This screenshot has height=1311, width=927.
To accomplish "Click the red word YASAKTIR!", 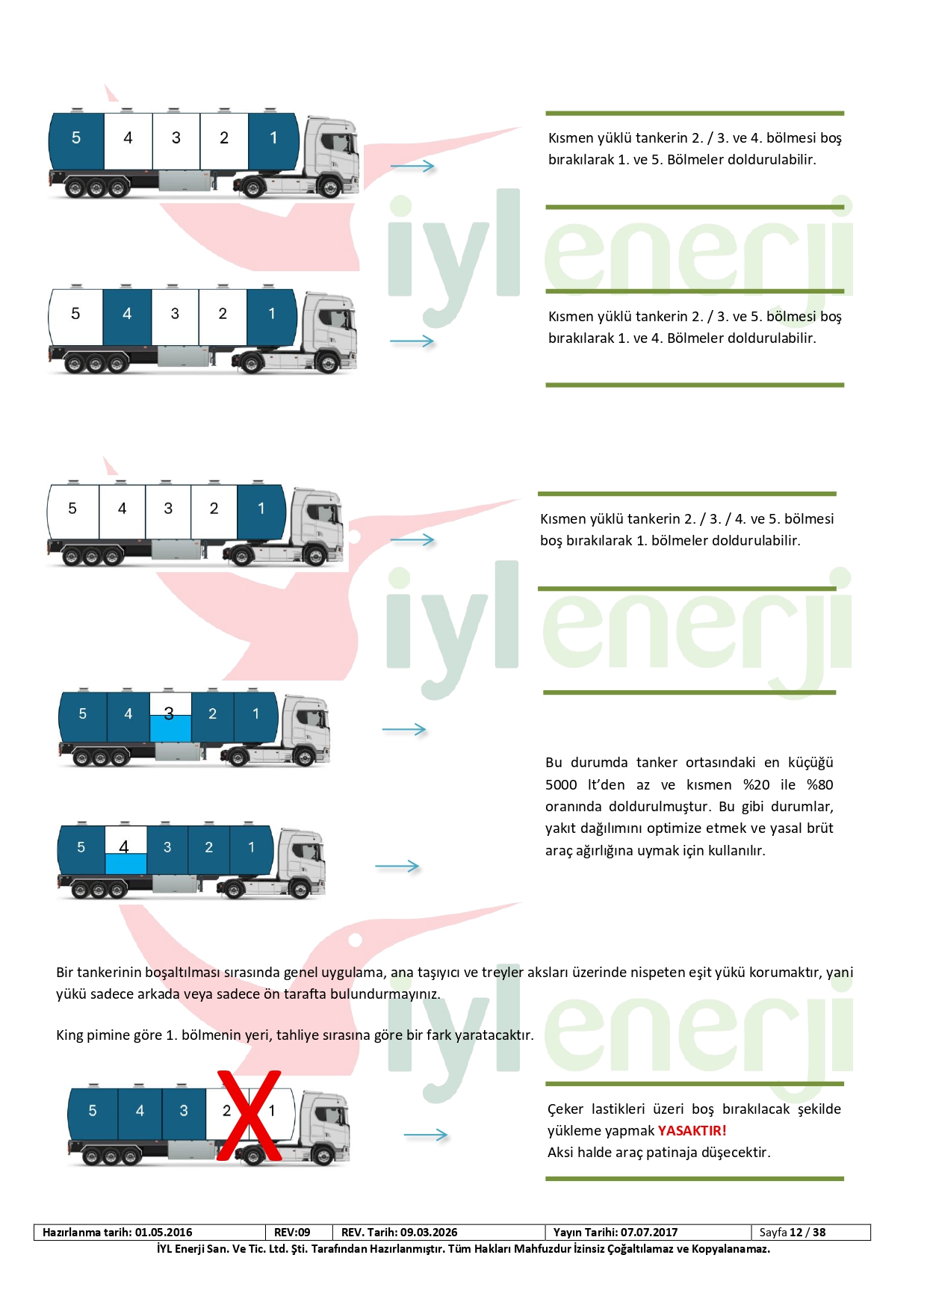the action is [x=692, y=1130].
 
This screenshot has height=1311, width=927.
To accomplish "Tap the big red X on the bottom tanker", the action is [x=249, y=1116].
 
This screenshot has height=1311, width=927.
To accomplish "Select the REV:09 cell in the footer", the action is [x=292, y=1232].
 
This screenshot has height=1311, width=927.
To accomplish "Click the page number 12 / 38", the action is [x=807, y=1232].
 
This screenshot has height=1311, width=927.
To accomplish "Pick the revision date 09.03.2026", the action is [x=429, y=1232].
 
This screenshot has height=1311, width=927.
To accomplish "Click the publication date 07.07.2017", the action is [x=649, y=1232].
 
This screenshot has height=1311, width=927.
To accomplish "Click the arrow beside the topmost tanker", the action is [x=412, y=166].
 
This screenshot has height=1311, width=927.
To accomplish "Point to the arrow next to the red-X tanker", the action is [x=426, y=1135].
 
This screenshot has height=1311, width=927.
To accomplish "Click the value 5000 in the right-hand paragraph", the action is [x=561, y=784].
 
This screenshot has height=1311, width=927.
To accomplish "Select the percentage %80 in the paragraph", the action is [x=819, y=784].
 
